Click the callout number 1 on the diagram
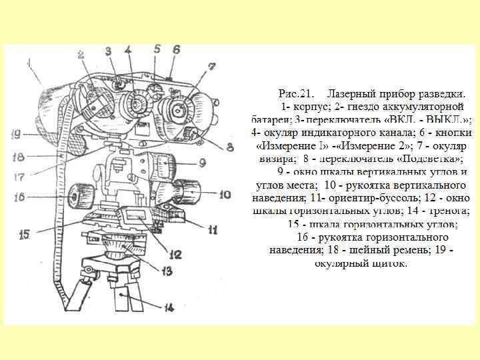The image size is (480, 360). click(29, 65)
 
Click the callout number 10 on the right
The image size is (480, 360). click(225, 195)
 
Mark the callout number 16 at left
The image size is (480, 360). click(19, 197)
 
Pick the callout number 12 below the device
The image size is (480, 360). click(176, 253)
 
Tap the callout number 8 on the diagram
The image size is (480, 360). click(229, 147)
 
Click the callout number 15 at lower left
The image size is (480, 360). click(25, 234)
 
